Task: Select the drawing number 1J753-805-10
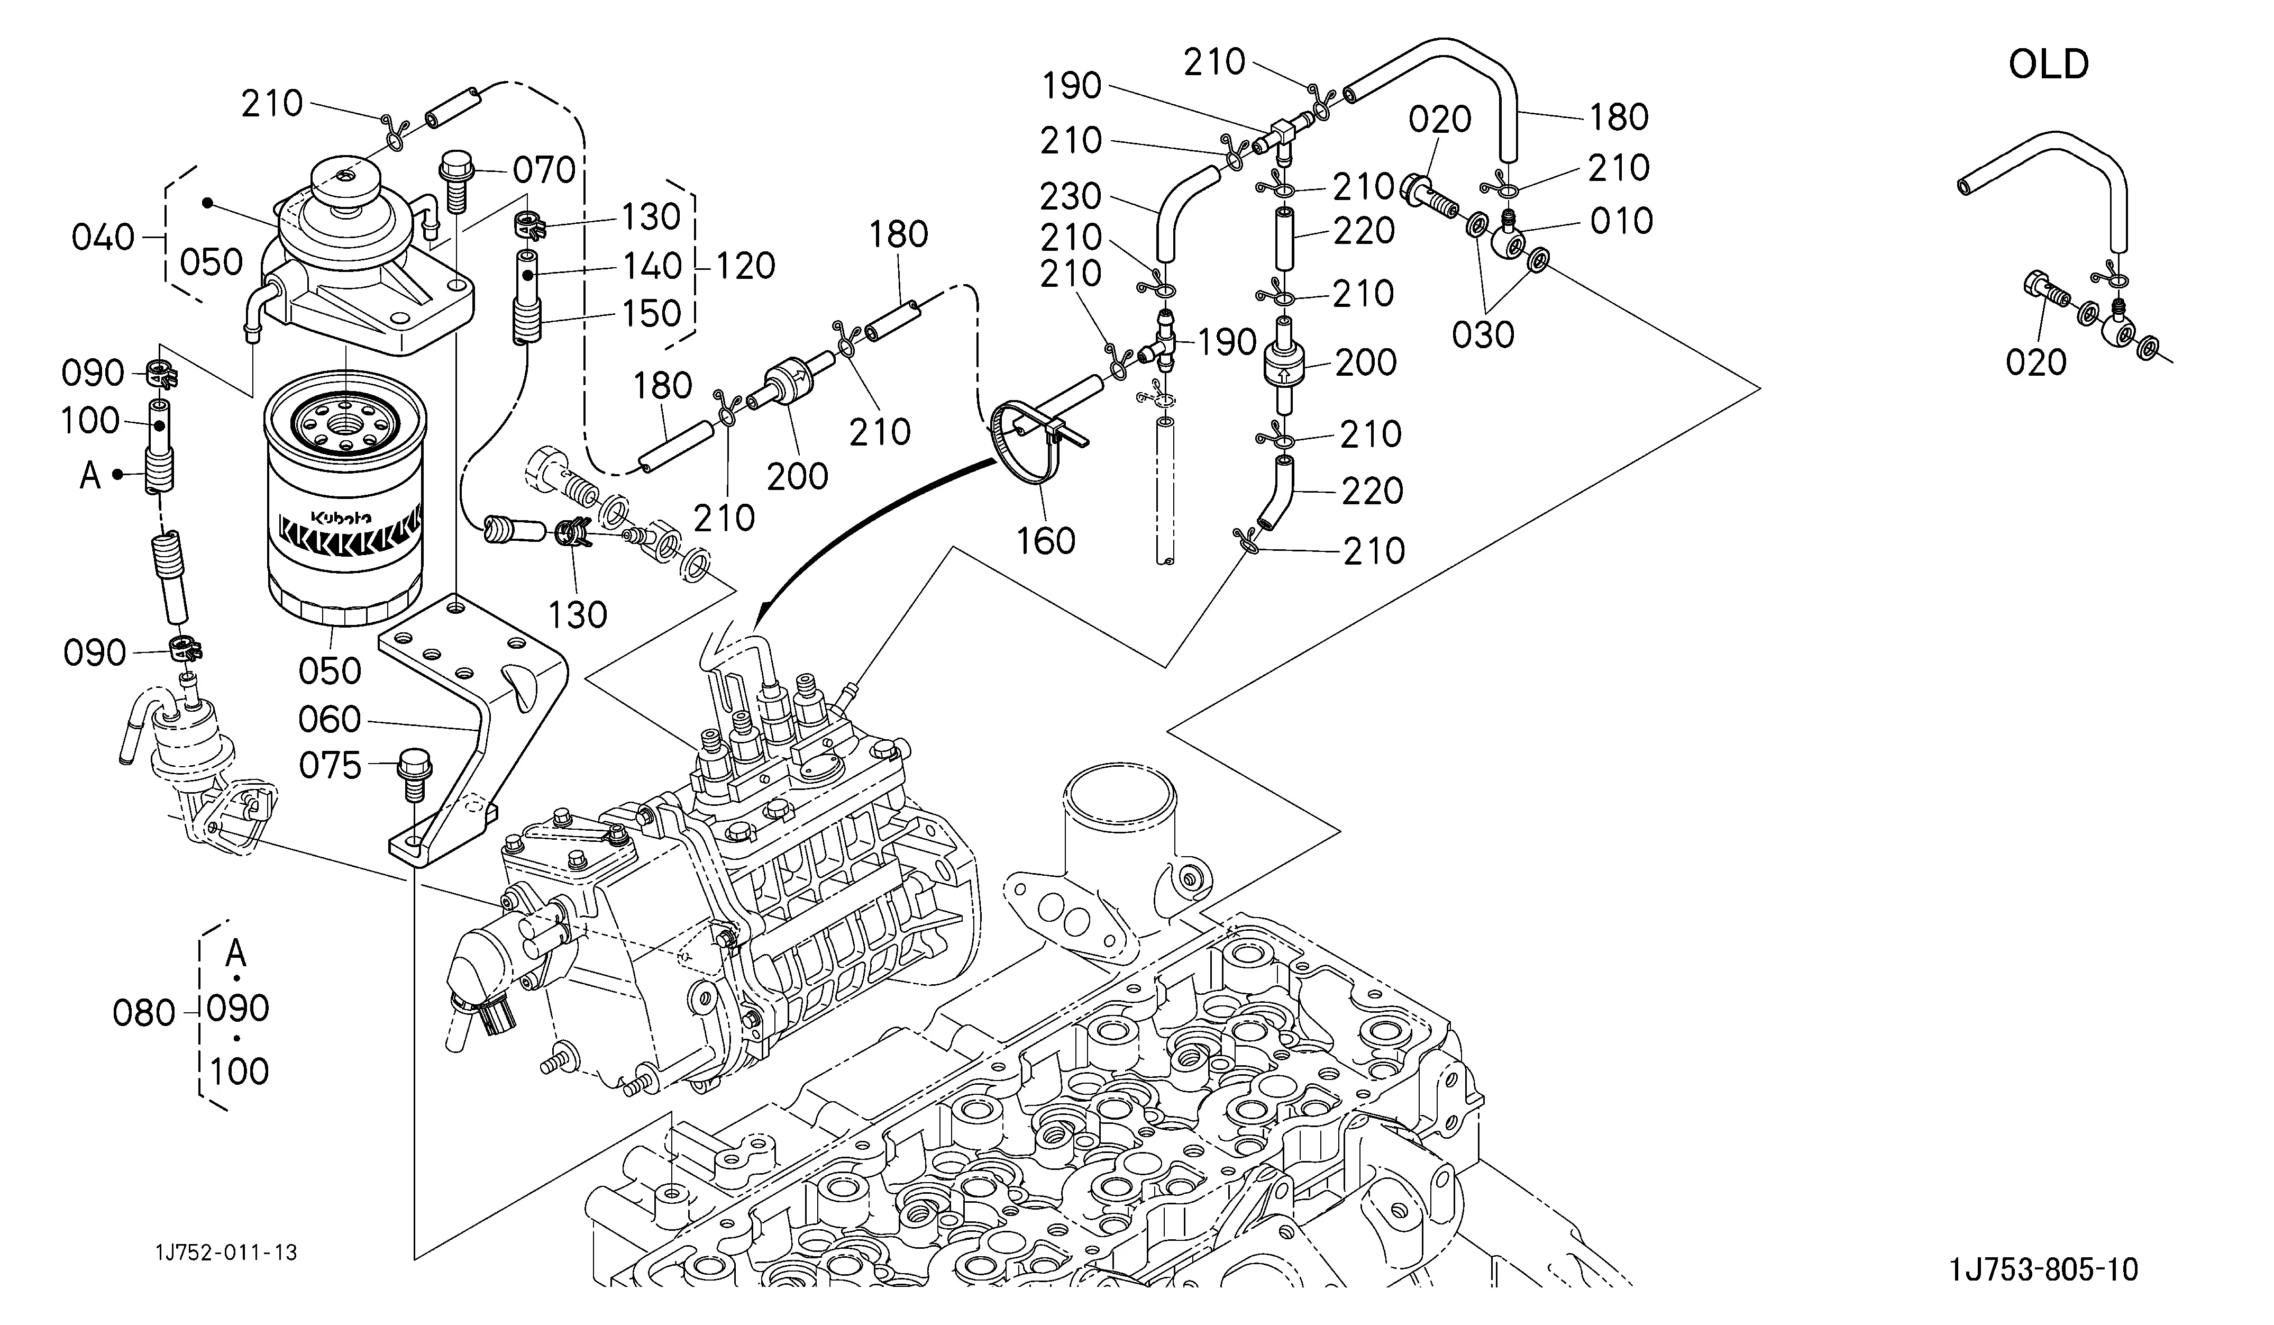[x=2044, y=1270]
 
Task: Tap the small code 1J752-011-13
[x=225, y=1253]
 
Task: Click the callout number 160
[x=1046, y=541]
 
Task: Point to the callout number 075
[x=330, y=765]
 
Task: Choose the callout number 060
[x=330, y=719]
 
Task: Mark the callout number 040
[x=103, y=238]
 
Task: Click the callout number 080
[x=143, y=1013]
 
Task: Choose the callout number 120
[x=745, y=265]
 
